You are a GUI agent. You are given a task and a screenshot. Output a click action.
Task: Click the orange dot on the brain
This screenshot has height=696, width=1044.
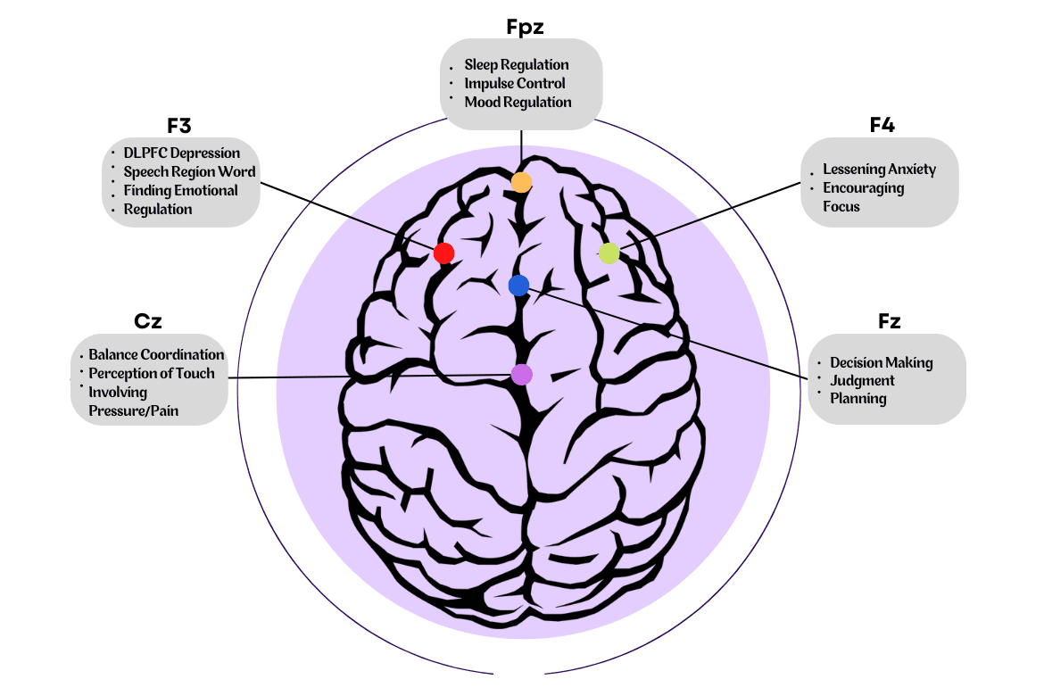[x=521, y=182]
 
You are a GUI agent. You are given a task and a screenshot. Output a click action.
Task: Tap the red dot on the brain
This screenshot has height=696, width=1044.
[x=443, y=253]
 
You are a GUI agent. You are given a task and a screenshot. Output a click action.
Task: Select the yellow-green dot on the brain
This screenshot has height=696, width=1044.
[x=609, y=253]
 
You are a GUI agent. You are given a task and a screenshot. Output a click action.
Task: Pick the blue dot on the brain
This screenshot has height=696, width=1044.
[x=518, y=286]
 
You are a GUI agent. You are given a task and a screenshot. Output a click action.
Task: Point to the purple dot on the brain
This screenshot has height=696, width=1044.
[x=521, y=374]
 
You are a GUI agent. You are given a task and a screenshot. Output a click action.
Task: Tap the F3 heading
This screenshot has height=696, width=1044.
[x=179, y=126]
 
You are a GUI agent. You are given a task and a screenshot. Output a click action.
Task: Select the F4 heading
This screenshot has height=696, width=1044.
[x=882, y=126]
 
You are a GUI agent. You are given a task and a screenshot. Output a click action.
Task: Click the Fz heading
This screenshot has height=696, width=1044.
[x=889, y=322]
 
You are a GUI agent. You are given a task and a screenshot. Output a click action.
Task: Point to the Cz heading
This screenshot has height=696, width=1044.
[x=147, y=322]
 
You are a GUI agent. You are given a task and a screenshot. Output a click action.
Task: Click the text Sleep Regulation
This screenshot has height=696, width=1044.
[x=517, y=65]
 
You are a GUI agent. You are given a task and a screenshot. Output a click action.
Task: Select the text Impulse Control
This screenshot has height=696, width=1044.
[x=515, y=84]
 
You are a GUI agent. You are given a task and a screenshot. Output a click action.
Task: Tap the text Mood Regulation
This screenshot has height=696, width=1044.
[x=518, y=103]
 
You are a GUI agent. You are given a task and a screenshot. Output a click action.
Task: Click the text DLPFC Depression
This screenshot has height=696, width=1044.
[x=182, y=153]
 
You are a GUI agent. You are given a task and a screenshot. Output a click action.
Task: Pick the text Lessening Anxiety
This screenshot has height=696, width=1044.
[x=879, y=170]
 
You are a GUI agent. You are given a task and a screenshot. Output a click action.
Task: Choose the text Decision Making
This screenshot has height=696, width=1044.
[x=881, y=362]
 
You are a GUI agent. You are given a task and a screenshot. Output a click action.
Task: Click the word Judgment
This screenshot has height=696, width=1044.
[x=862, y=381]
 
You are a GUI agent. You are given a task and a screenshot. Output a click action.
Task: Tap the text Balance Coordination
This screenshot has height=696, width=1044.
[x=156, y=355]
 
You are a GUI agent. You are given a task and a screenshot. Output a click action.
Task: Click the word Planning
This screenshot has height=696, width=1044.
[x=858, y=399]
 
